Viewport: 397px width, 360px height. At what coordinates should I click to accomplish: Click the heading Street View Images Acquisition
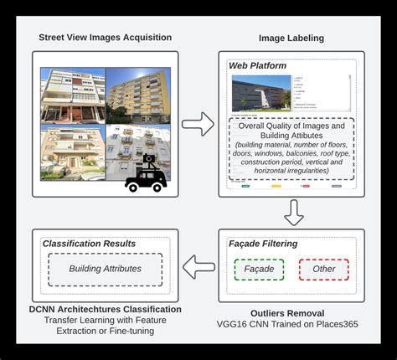click(105, 38)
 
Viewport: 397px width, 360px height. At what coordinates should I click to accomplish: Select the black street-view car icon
click(146, 174)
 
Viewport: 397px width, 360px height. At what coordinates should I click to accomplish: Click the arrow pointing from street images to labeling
click(198, 125)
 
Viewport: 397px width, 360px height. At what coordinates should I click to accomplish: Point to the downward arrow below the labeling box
click(293, 213)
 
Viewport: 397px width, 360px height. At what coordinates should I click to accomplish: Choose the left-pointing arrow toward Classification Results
click(198, 268)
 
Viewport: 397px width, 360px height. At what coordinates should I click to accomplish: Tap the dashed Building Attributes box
click(106, 269)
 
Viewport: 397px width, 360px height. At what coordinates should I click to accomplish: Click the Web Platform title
click(257, 65)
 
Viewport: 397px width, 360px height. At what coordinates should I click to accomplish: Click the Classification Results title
click(90, 244)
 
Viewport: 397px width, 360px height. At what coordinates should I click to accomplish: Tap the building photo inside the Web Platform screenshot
click(260, 93)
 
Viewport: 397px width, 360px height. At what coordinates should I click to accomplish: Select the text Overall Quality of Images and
click(291, 128)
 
